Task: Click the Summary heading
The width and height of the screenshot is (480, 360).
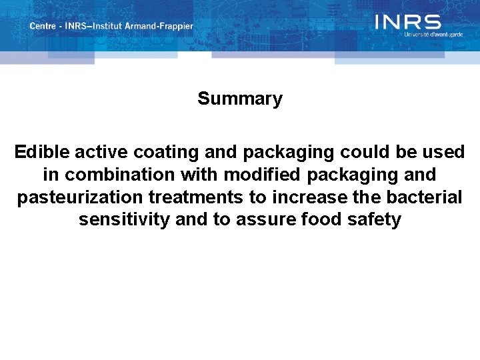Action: pos(240,99)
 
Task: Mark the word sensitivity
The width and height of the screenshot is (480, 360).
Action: pos(124,220)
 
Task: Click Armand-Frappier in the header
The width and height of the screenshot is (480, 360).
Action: pos(164,26)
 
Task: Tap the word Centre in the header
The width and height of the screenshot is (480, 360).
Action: pos(43,26)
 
